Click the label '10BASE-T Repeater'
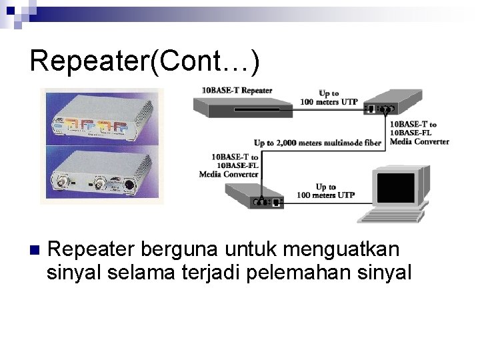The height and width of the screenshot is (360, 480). pos(237,91)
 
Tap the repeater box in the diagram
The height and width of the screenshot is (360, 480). pos(241,107)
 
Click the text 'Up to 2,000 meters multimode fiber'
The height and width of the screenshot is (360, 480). pos(317,143)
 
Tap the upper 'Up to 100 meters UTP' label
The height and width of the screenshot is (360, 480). pos(329,97)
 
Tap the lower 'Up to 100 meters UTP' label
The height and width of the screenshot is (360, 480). pos(326,191)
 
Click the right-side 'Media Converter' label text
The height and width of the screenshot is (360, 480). pos(419,141)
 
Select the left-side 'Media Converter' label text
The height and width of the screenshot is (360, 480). pos(229,174)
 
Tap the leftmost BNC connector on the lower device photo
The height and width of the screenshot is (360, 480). pos(59,181)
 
